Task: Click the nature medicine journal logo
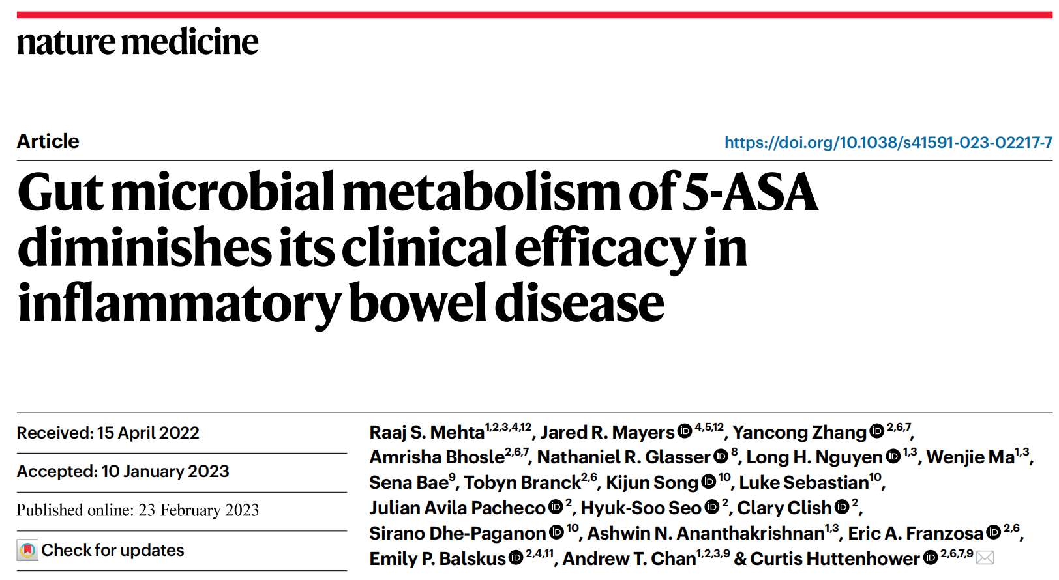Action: pyautogui.click(x=138, y=42)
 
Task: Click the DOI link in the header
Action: pyautogui.click(x=887, y=142)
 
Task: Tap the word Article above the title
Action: pyautogui.click(x=48, y=141)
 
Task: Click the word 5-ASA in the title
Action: pyautogui.click(x=749, y=193)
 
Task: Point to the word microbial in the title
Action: pyautogui.click(x=222, y=193)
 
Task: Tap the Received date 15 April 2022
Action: pyautogui.click(x=148, y=433)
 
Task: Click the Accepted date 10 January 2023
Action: pyautogui.click(x=165, y=471)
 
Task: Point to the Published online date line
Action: pyautogui.click(x=138, y=510)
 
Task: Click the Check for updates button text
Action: pyautogui.click(x=113, y=550)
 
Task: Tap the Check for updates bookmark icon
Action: pyautogui.click(x=27, y=551)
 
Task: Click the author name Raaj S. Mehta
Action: pyautogui.click(x=426, y=432)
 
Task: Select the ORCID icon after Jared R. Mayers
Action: pyautogui.click(x=684, y=431)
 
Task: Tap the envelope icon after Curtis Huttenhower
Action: pyautogui.click(x=985, y=558)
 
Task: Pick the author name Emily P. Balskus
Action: pyautogui.click(x=437, y=558)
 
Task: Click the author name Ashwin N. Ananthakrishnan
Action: pyautogui.click(x=706, y=533)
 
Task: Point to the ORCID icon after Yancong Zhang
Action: pyautogui.click(x=876, y=431)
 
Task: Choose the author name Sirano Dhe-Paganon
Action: pyautogui.click(x=457, y=533)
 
